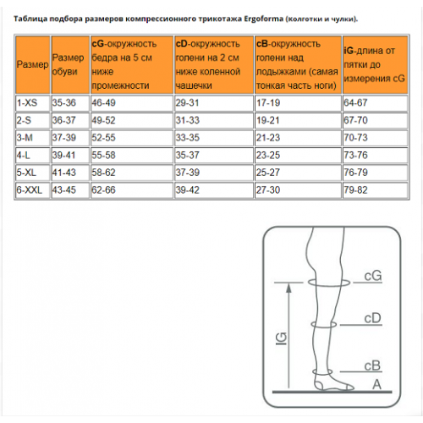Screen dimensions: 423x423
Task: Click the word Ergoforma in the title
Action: [x=263, y=19]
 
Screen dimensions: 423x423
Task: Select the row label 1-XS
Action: [x=27, y=102]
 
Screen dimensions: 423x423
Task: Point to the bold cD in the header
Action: [x=181, y=44]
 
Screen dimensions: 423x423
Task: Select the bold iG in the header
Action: [x=349, y=51]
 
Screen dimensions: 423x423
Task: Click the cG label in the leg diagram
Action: [x=373, y=276]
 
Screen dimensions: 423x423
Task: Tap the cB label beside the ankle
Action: [x=372, y=365]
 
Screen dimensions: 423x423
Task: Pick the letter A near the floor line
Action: [x=376, y=384]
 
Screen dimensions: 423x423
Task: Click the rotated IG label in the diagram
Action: [x=281, y=338]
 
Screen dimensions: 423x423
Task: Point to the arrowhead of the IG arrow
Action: [x=288, y=288]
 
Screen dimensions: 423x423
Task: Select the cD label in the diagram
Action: [x=372, y=318]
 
